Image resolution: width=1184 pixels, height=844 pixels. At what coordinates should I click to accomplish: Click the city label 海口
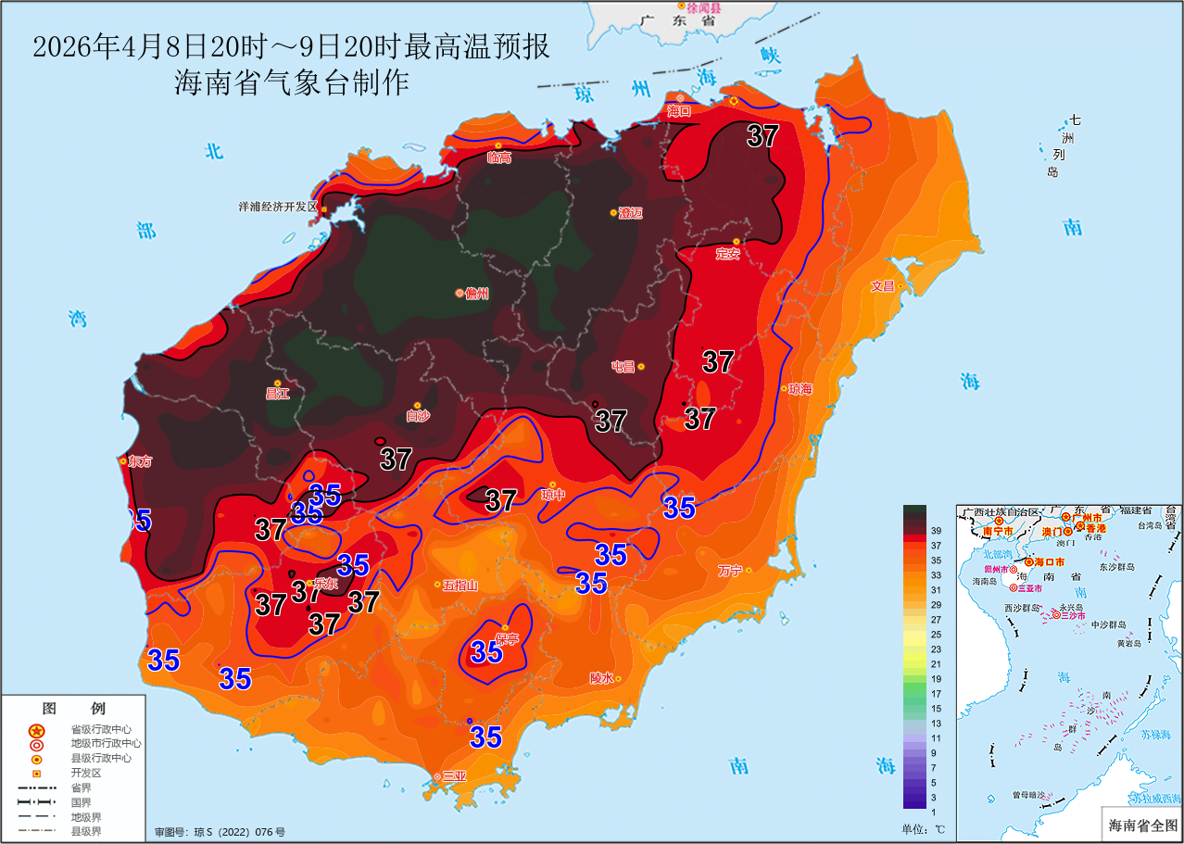pos(680,111)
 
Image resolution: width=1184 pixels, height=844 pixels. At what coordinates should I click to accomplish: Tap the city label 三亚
pos(454,776)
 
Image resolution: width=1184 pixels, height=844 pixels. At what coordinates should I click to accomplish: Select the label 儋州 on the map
pos(477,294)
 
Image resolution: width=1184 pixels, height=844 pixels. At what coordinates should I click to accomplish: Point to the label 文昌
pos(883,286)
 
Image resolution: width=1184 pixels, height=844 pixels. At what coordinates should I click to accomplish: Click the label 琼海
pos(800,389)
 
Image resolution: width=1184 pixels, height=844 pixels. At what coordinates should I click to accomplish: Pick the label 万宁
pos(730,571)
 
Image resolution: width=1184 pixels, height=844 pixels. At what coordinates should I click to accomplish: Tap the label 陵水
pos(601,678)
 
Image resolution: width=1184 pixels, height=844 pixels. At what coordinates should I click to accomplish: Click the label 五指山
pos(460,585)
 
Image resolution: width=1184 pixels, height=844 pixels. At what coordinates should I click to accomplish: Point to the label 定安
pos(728,254)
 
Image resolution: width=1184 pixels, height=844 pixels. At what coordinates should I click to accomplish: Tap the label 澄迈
pos(630,213)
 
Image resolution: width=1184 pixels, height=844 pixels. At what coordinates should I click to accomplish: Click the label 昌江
pos(278,393)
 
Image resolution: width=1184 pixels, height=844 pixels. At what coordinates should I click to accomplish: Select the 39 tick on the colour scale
pos(936,530)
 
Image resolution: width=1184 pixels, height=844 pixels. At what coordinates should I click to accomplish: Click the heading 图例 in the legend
pos(75,709)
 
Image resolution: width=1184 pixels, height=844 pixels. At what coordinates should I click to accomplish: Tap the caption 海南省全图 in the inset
pos(1142,824)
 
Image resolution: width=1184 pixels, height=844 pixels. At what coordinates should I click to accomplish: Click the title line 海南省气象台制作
pos(292,83)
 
